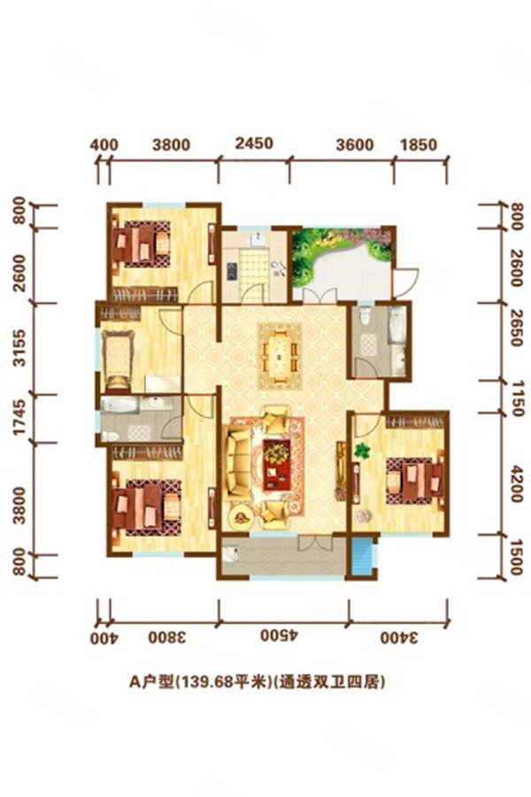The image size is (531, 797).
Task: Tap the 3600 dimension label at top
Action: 355,145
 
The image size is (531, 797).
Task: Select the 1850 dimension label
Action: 419,145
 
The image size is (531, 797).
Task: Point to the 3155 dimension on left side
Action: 19,348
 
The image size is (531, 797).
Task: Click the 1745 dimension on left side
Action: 19,418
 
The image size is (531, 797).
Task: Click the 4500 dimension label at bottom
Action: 279,636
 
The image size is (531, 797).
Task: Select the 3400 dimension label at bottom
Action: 399,637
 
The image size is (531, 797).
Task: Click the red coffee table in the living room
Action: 276,464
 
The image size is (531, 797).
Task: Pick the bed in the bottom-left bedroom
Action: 146,507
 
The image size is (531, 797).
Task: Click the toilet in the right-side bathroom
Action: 364,315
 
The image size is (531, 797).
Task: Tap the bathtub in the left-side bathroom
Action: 119,405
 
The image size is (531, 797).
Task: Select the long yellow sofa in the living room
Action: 239,462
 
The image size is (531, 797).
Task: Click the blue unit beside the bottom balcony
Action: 362,557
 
